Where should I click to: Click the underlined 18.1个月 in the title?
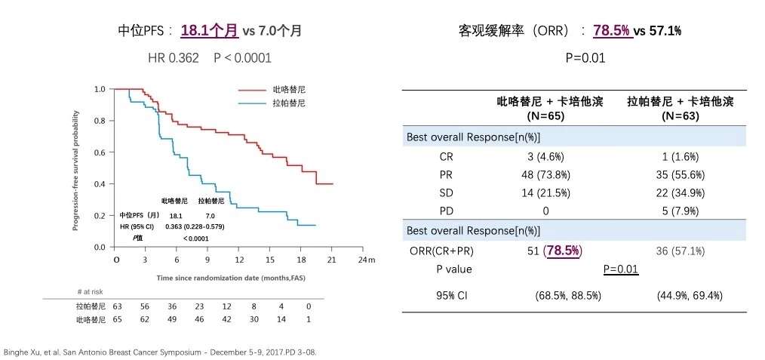coord(209,31)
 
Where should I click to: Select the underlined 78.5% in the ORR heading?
coord(612,31)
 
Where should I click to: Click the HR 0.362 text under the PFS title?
coord(175,58)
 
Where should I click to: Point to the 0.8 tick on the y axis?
coord(100,121)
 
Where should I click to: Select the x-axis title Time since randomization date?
coord(226,278)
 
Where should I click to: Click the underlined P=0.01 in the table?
coord(621,269)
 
